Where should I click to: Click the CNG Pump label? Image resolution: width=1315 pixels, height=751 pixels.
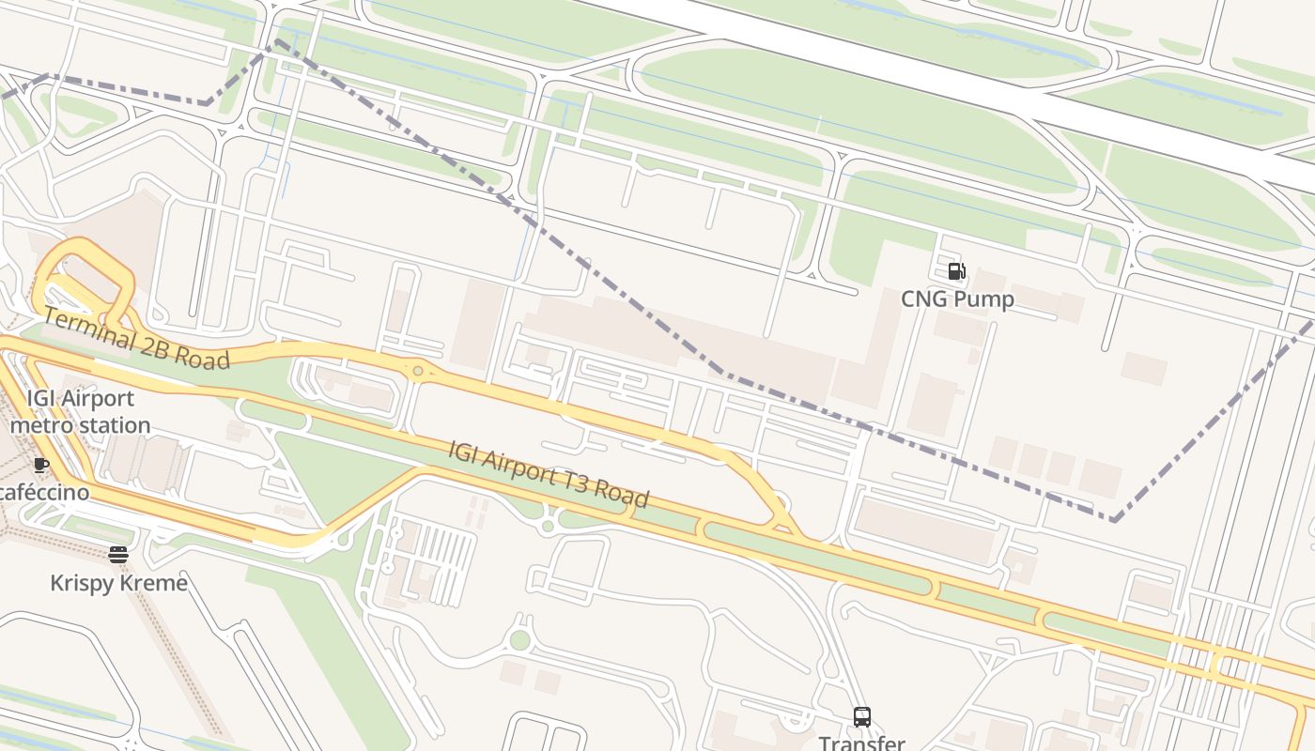click(x=957, y=299)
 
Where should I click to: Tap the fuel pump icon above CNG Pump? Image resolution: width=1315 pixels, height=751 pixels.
click(x=956, y=272)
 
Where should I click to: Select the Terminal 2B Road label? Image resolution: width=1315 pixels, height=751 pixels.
click(x=136, y=339)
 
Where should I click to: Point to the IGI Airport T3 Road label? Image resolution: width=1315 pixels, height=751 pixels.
click(x=549, y=474)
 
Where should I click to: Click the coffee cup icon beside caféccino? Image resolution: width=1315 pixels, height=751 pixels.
click(x=40, y=465)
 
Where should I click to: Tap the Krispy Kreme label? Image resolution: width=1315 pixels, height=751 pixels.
click(x=118, y=583)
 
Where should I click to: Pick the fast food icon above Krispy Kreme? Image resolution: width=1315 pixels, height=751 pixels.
click(x=118, y=554)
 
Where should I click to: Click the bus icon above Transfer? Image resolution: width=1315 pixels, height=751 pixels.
click(x=861, y=717)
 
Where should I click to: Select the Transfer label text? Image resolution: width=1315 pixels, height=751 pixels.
click(x=861, y=743)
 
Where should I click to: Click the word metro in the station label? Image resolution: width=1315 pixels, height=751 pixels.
click(x=41, y=425)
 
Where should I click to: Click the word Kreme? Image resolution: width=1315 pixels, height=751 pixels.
click(x=154, y=583)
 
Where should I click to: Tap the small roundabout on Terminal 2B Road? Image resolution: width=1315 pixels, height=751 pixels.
click(x=417, y=372)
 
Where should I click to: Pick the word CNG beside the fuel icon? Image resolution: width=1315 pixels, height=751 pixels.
click(x=925, y=299)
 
